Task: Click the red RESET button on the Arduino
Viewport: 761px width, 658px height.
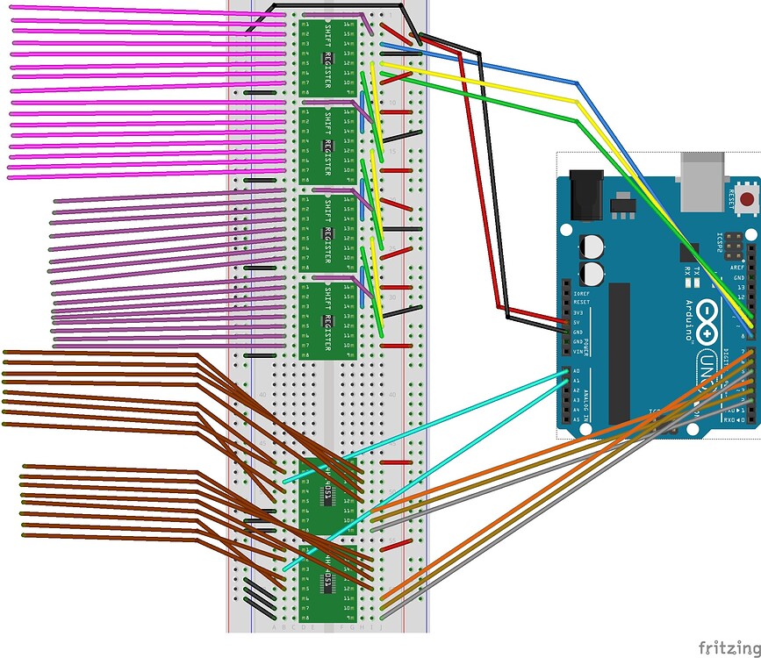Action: [x=746, y=199]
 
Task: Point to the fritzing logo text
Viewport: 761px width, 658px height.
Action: [x=729, y=647]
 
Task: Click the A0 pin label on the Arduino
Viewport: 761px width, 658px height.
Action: [x=576, y=372]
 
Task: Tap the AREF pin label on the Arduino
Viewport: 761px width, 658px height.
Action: [x=737, y=267]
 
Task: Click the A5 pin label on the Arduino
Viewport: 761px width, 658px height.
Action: [x=576, y=420]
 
